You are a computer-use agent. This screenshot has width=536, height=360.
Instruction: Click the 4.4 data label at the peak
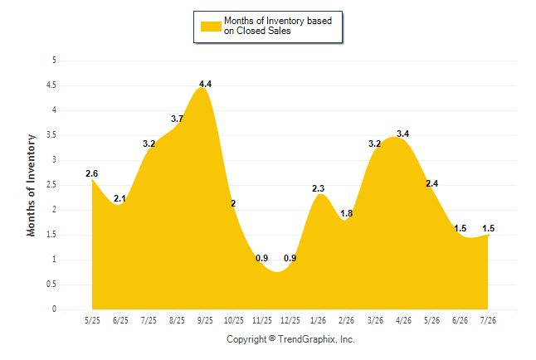pyautogui.click(x=205, y=84)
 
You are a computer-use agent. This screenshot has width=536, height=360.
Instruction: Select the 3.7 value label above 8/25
pyautogui.click(x=177, y=119)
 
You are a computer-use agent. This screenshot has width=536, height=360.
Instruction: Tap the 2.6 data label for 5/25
pyautogui.click(x=91, y=173)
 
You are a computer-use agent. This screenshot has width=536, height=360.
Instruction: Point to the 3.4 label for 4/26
pyautogui.click(x=402, y=134)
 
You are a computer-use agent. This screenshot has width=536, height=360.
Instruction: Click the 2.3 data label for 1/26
pyautogui.click(x=318, y=188)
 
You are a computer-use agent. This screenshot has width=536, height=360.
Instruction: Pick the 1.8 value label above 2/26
pyautogui.click(x=346, y=213)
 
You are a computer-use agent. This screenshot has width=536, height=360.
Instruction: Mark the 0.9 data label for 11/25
pyautogui.click(x=262, y=258)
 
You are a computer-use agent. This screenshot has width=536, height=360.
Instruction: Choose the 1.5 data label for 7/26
pyautogui.click(x=488, y=228)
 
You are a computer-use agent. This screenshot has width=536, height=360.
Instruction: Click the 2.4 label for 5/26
pyautogui.click(x=431, y=183)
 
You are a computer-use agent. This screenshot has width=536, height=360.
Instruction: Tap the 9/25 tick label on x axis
pyautogui.click(x=205, y=320)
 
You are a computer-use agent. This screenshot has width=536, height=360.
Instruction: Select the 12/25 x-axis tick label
pyautogui.click(x=290, y=320)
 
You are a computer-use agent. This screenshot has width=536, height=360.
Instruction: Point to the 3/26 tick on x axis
pyautogui.click(x=375, y=320)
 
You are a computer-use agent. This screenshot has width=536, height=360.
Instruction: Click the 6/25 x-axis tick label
pyautogui.click(x=120, y=320)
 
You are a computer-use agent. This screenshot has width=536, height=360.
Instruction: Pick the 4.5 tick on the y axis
pyautogui.click(x=51, y=85)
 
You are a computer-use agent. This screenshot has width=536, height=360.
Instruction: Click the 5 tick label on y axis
pyautogui.click(x=54, y=61)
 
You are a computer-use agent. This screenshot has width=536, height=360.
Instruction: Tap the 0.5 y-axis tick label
pyautogui.click(x=51, y=285)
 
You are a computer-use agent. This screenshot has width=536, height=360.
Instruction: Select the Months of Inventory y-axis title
pyautogui.click(x=31, y=185)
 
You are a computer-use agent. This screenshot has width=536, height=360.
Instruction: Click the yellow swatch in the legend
pyautogui.click(x=211, y=27)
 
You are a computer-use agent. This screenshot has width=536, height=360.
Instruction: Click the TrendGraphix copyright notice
pyautogui.click(x=290, y=339)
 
